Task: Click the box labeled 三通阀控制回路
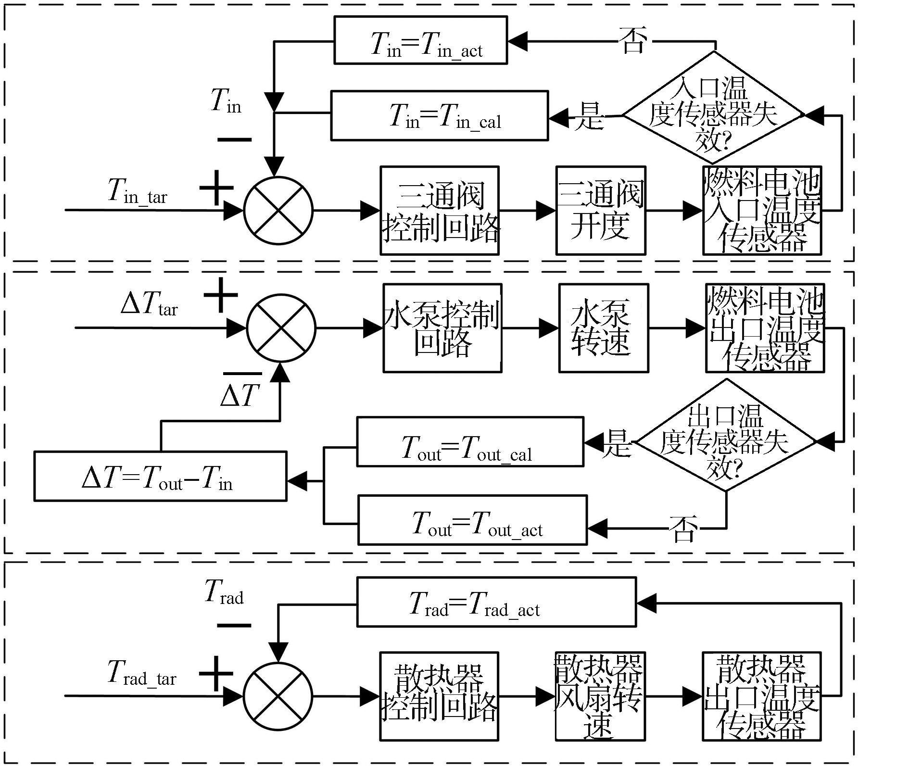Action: pos(440,211)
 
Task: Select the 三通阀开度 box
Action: pos(601,211)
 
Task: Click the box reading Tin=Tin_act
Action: pos(421,40)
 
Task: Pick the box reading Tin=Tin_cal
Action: pos(440,115)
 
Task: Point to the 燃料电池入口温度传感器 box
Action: pos(762,211)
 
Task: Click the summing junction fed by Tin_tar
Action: pos(278,211)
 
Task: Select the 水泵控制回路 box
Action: pos(442,328)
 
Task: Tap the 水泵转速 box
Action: pos(604,328)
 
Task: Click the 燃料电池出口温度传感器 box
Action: pos(765,328)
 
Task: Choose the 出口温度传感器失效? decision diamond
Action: pos(726,435)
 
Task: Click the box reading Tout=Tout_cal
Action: pos(470,441)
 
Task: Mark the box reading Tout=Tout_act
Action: pos(472,520)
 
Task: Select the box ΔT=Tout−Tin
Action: pos(160,476)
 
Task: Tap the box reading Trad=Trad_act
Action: pos(496,602)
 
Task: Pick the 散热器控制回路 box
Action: pos(439,696)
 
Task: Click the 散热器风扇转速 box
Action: pos(600,696)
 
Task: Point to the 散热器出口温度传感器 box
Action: pos(762,696)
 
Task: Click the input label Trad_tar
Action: pos(142,673)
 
